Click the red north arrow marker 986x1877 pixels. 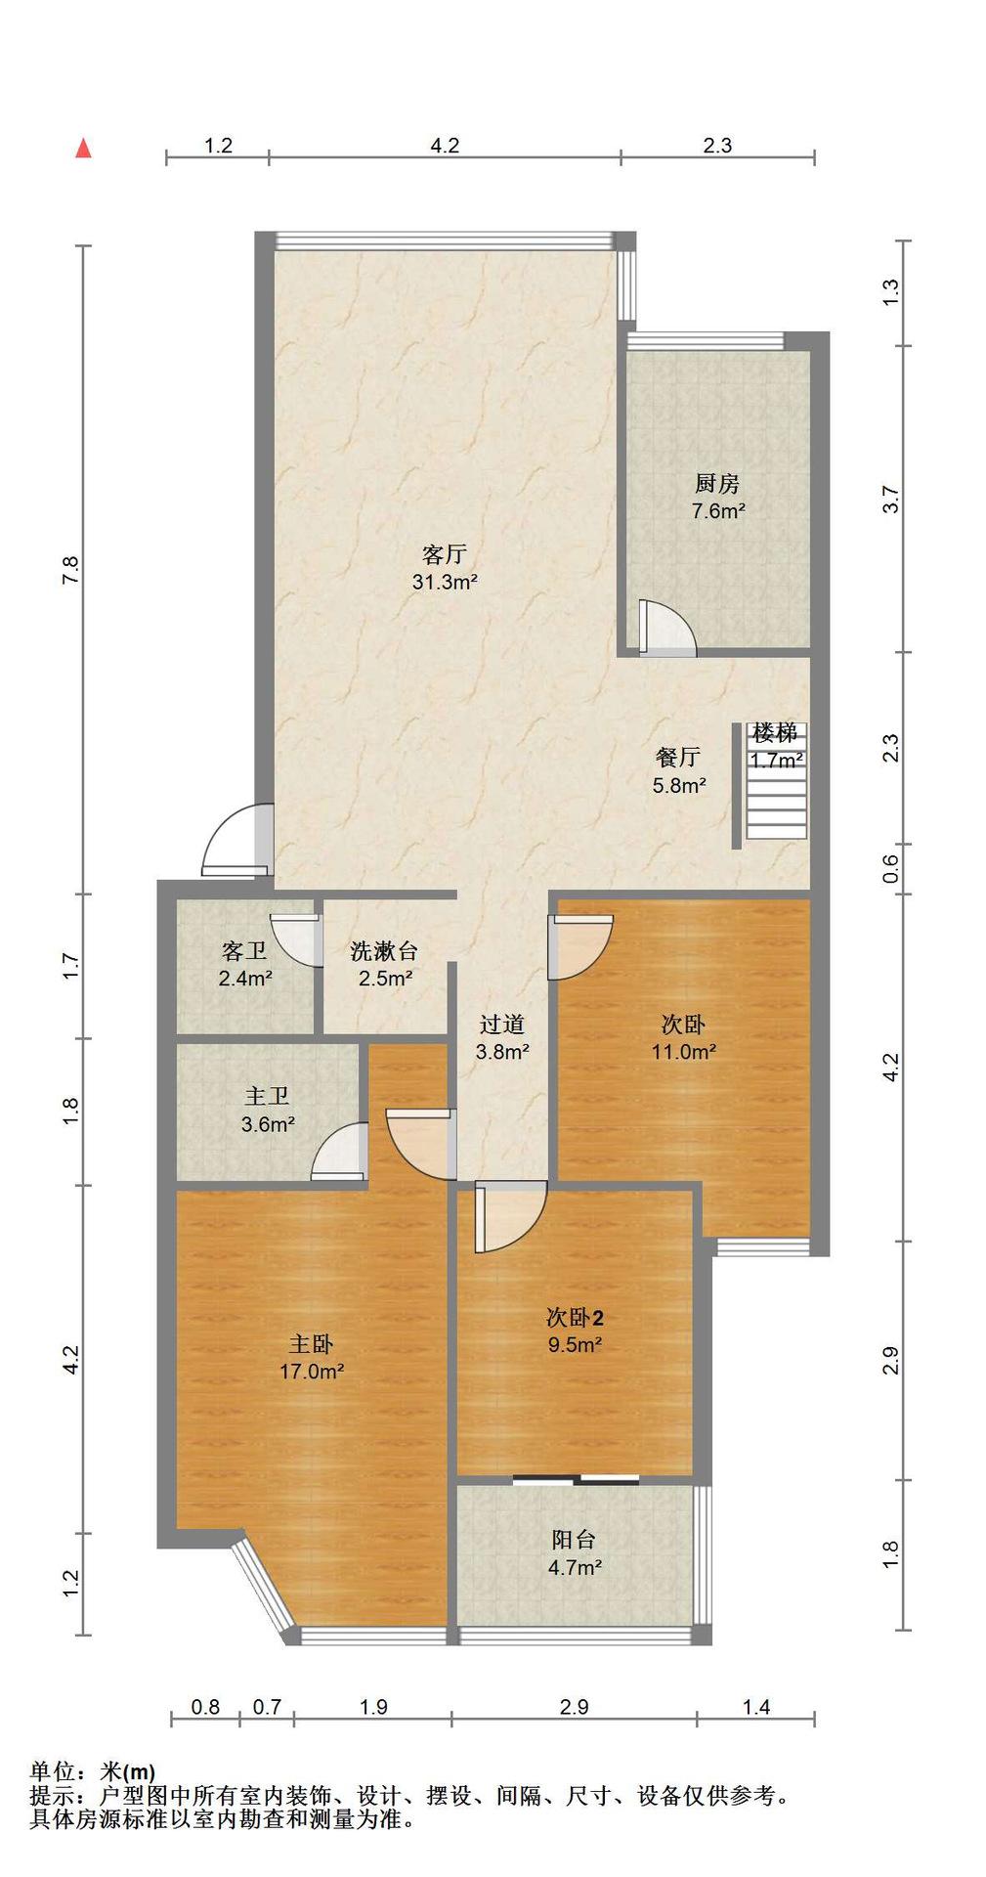(x=84, y=148)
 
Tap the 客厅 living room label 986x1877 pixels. (x=444, y=555)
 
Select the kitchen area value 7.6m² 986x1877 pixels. (x=718, y=510)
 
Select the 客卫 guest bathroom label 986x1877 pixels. (x=244, y=951)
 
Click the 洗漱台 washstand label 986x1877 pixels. (x=384, y=951)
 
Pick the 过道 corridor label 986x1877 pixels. (x=502, y=1025)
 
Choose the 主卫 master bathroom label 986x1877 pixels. (x=267, y=1098)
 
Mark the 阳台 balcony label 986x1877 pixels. (x=574, y=1540)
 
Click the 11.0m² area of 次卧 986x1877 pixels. (x=684, y=1052)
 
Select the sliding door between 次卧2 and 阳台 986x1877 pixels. (x=576, y=1479)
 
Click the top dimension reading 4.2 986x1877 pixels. (x=445, y=146)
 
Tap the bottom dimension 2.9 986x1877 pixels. (x=574, y=1707)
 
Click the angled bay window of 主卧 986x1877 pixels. (x=264, y=1590)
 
